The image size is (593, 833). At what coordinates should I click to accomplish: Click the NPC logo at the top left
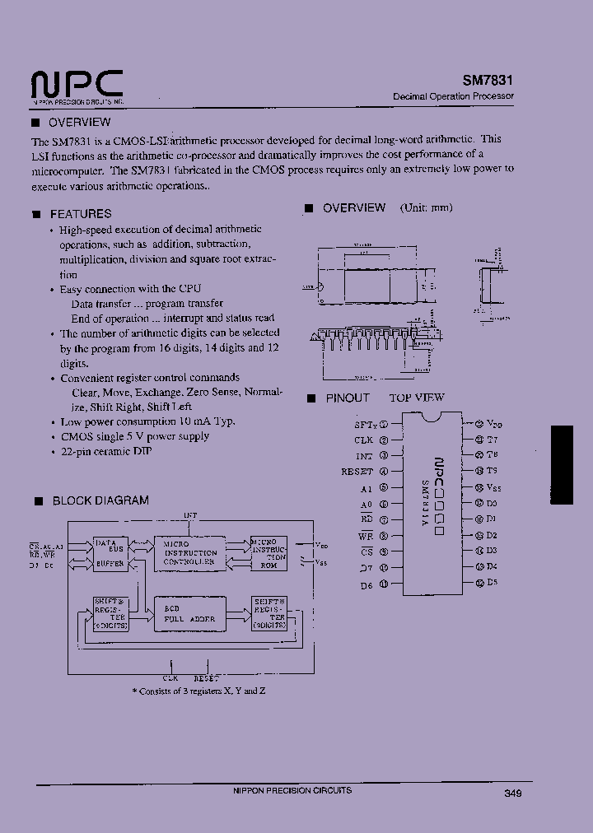(x=77, y=85)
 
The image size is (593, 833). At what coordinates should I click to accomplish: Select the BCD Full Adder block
(x=190, y=613)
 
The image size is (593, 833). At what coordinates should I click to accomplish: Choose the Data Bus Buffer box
(x=108, y=553)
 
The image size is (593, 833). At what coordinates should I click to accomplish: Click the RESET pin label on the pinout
(x=357, y=472)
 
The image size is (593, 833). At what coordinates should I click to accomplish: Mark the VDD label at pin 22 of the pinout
(x=493, y=423)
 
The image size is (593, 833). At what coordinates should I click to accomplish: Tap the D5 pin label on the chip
(x=492, y=582)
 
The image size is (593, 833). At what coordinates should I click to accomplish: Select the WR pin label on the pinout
(x=366, y=535)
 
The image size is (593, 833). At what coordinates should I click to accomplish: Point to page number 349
(x=512, y=793)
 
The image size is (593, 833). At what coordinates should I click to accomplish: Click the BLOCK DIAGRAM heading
(x=100, y=500)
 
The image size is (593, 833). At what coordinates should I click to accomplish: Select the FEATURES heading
(x=80, y=214)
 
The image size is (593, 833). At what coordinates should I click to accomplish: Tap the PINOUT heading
(x=348, y=398)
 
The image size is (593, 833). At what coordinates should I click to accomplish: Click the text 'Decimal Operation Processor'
(x=453, y=96)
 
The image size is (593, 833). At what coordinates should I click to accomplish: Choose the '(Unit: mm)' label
(x=426, y=208)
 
